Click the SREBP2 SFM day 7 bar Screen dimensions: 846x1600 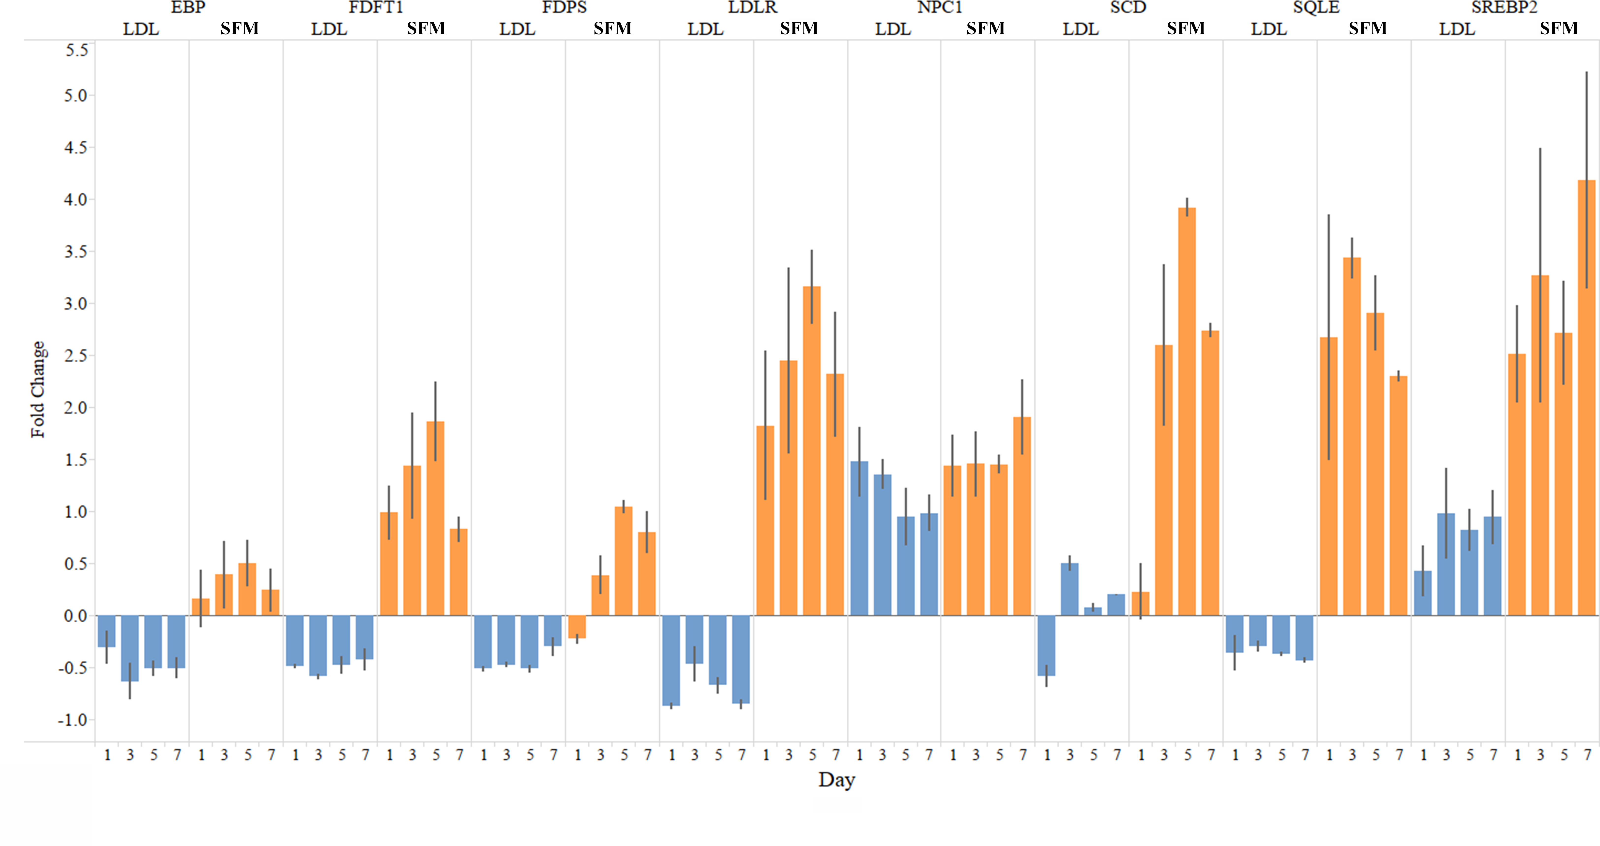[x=1586, y=398]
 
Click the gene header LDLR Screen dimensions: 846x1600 [x=752, y=7]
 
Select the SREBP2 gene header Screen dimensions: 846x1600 [x=1504, y=7]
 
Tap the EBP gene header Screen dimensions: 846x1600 [x=188, y=7]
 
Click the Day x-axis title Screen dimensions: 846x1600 [x=837, y=780]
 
